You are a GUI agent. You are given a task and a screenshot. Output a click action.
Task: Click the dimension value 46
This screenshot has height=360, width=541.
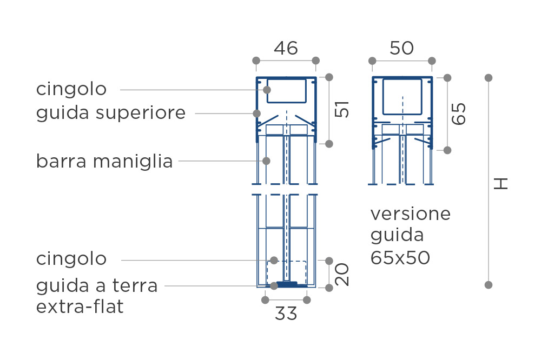(286, 48)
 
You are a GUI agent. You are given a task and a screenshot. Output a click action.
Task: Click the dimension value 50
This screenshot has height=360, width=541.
(401, 48)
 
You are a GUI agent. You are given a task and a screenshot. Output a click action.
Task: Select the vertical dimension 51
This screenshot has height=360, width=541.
(342, 109)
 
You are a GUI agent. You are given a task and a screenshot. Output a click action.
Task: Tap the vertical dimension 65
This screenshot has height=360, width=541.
(459, 114)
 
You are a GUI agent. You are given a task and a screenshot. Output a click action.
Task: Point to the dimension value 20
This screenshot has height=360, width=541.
(342, 275)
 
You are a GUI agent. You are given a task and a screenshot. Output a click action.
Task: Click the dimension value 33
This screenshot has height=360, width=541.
(286, 314)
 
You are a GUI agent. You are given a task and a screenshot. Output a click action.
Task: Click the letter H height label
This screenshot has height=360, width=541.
(500, 183)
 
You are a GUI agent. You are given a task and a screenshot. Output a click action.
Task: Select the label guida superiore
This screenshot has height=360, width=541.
(111, 113)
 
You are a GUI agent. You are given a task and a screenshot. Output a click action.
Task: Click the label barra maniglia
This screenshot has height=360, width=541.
(104, 162)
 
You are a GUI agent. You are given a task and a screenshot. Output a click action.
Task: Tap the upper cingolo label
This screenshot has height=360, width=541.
(71, 89)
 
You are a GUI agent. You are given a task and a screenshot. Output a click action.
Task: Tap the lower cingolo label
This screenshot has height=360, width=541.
(71, 259)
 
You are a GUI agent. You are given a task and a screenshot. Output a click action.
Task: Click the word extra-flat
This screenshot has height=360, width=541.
(80, 306)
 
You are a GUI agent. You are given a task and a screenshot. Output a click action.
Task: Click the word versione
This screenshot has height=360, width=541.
(411, 214)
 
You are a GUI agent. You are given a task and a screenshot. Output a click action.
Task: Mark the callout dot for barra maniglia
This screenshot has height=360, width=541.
(266, 161)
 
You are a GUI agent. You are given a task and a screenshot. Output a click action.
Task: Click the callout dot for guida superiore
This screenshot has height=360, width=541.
(256, 113)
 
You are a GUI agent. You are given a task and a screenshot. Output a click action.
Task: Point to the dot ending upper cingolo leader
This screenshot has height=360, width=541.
(267, 90)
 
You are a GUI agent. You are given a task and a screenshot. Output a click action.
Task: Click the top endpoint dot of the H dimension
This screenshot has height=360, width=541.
(488, 78)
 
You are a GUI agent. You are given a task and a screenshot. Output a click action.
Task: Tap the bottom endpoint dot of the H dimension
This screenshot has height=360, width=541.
(488, 285)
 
